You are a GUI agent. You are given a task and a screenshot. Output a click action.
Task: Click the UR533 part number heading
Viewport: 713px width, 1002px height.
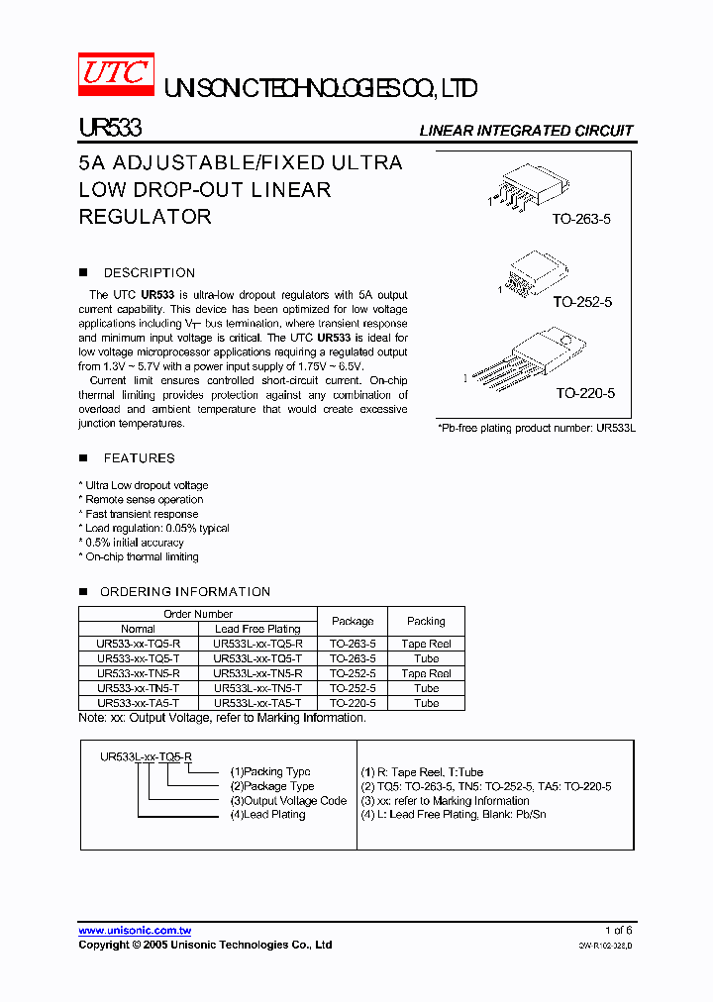click(x=110, y=130)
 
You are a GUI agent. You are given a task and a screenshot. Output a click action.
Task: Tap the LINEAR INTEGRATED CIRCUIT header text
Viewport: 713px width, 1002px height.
click(x=526, y=131)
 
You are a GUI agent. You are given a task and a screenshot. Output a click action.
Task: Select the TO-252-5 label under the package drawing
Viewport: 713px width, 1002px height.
click(x=582, y=301)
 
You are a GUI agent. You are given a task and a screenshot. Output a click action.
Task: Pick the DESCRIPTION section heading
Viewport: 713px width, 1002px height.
click(x=150, y=273)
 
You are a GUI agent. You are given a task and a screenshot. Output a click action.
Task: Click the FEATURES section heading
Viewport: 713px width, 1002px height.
click(x=139, y=458)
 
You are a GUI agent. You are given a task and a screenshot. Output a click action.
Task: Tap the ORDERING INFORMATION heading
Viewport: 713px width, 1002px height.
click(x=185, y=592)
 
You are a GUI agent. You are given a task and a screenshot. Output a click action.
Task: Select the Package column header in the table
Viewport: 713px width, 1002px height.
click(x=353, y=621)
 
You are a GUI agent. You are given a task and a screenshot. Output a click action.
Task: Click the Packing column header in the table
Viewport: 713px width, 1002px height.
click(x=426, y=621)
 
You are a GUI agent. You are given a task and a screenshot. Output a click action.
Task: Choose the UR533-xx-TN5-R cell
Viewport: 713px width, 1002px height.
click(x=138, y=673)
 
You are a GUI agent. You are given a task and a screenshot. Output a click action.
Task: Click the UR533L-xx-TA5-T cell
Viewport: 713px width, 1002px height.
click(x=257, y=703)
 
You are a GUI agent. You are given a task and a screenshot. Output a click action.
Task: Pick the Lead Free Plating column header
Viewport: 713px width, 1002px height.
click(x=257, y=629)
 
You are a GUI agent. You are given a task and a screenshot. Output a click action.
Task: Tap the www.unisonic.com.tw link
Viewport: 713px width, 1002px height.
click(x=135, y=931)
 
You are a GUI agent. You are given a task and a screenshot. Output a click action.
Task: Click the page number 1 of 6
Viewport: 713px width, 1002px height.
click(x=617, y=931)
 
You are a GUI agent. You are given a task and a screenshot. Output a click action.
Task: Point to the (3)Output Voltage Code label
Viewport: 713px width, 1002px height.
click(x=288, y=801)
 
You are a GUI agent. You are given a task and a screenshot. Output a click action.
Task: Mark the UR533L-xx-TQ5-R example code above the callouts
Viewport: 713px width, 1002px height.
click(x=146, y=756)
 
